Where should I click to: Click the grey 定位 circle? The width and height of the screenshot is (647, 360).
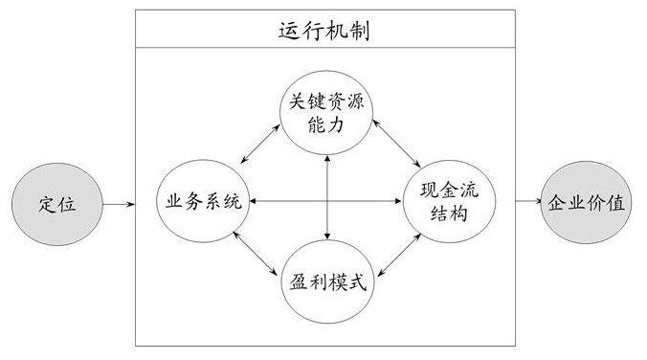tap(57, 204)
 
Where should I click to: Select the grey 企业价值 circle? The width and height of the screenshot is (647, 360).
tap(586, 203)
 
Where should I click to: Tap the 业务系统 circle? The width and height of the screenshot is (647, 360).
tap(203, 202)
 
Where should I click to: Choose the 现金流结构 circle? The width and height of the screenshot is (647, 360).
tap(448, 202)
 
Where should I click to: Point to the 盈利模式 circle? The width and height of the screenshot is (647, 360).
tap(327, 282)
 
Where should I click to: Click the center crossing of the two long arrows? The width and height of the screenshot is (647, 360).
tap(328, 201)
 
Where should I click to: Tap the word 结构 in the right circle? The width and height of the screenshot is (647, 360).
tap(449, 214)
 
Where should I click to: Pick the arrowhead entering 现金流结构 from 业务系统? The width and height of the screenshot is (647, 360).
tap(401, 201)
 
